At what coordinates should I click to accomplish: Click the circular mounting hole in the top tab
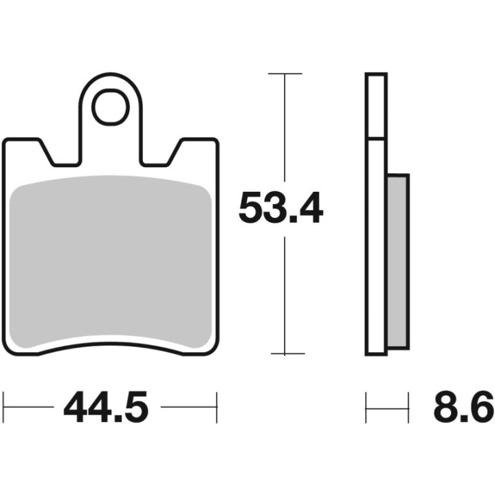tap(111, 107)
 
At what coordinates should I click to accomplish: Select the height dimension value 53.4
tap(280, 209)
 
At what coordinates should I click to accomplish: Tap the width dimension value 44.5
tap(106, 408)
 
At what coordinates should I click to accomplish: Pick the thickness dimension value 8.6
tap(463, 408)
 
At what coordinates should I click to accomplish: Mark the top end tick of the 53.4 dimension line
tap(285, 73)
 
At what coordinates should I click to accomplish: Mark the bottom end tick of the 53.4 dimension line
tap(285, 354)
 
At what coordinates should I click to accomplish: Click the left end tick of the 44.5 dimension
tap(4, 408)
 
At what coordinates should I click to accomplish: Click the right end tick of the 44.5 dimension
tap(217, 408)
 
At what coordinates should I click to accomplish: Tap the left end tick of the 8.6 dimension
tap(366, 408)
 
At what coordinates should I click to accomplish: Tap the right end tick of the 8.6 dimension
tap(409, 408)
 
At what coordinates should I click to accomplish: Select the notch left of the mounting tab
tap(62, 155)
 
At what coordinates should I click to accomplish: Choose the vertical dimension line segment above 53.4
tap(285, 131)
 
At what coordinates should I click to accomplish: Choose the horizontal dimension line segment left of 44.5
tap(31, 408)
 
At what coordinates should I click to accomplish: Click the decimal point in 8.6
tap(463, 419)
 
